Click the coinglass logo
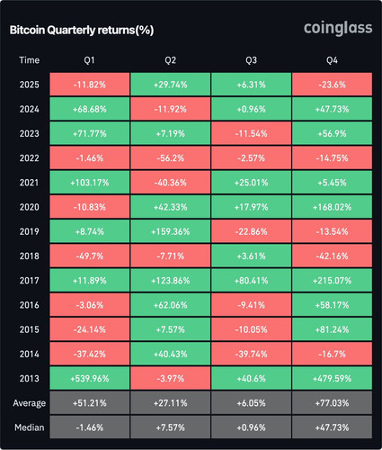[x=338, y=29]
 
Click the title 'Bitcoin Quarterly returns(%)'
[x=82, y=31]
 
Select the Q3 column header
[x=251, y=60]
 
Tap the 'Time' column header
[x=30, y=60]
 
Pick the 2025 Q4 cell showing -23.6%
[x=332, y=85]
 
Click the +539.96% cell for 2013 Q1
[x=90, y=379]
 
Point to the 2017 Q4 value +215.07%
[x=332, y=281]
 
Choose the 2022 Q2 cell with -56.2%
[x=171, y=158]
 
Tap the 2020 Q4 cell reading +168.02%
[x=332, y=207]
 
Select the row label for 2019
[x=30, y=231]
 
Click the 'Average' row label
[x=30, y=403]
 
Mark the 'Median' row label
[x=30, y=427]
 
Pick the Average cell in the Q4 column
[x=332, y=403]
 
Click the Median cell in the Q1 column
[x=90, y=427]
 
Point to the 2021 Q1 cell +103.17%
[x=90, y=183]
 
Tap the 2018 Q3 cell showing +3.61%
[x=251, y=256]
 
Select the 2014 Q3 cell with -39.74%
[x=251, y=354]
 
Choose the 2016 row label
[x=30, y=305]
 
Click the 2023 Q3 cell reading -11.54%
[x=251, y=133]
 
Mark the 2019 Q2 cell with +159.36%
[x=171, y=231]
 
